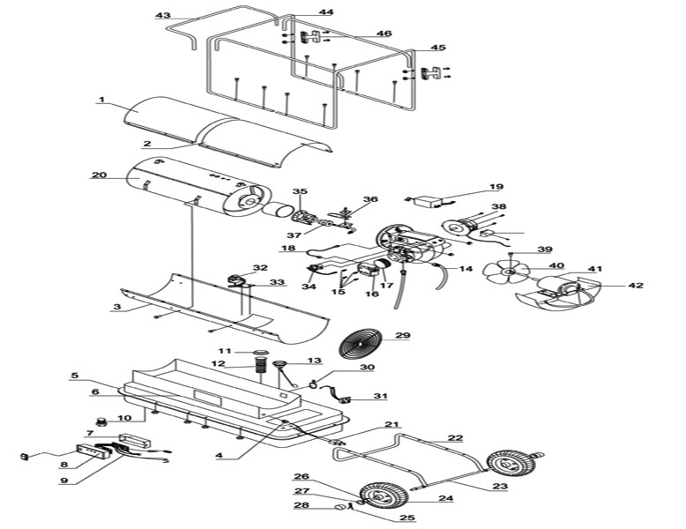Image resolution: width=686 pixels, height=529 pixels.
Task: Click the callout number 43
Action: tap(163, 15)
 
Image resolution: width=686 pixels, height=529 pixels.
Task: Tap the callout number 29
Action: tap(403, 336)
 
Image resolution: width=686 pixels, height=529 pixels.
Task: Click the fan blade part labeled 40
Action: tap(507, 272)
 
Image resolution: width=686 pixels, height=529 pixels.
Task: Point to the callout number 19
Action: tap(496, 187)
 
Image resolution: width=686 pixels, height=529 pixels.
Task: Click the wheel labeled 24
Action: tap(384, 495)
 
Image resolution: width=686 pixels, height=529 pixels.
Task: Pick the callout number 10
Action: tap(124, 417)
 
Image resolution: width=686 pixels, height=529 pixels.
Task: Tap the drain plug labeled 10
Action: tap(103, 422)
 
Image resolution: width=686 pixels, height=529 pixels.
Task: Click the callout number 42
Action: tap(636, 286)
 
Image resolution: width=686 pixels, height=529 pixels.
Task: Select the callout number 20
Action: tap(100, 175)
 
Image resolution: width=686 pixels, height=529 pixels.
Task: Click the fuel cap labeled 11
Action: tap(261, 352)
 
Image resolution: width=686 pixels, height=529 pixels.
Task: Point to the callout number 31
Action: tap(380, 396)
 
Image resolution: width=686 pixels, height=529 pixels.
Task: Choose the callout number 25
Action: tap(407, 518)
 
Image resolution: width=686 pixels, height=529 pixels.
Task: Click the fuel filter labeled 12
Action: tap(261, 364)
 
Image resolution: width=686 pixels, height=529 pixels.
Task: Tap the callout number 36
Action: tap(370, 199)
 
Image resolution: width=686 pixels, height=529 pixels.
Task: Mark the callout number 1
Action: tap(102, 100)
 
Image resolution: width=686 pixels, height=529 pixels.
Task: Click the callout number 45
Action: tap(438, 48)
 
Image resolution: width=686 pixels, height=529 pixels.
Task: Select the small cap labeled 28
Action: tap(339, 507)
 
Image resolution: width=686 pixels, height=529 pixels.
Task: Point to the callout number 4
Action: tap(219, 456)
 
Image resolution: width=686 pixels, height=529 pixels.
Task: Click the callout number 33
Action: tap(277, 282)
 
